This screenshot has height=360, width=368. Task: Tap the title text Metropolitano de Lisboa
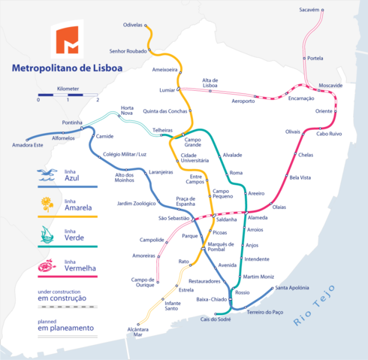[x=66, y=68]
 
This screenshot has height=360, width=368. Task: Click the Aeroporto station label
[x=243, y=101]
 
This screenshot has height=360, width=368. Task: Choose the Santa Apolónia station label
[x=291, y=288]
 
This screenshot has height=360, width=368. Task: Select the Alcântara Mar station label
[x=137, y=332]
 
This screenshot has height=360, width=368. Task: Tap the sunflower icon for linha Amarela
[x=47, y=203]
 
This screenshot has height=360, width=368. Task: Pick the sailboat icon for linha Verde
[x=47, y=234]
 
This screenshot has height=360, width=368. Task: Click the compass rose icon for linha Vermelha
[x=47, y=265]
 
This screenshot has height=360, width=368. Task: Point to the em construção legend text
[x=62, y=298]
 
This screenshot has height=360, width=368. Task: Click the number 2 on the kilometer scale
[x=98, y=98]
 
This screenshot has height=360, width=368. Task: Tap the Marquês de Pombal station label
[x=221, y=246]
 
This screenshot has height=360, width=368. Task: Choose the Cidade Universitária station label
[x=195, y=159]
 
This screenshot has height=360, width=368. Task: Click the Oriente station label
[x=324, y=111]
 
